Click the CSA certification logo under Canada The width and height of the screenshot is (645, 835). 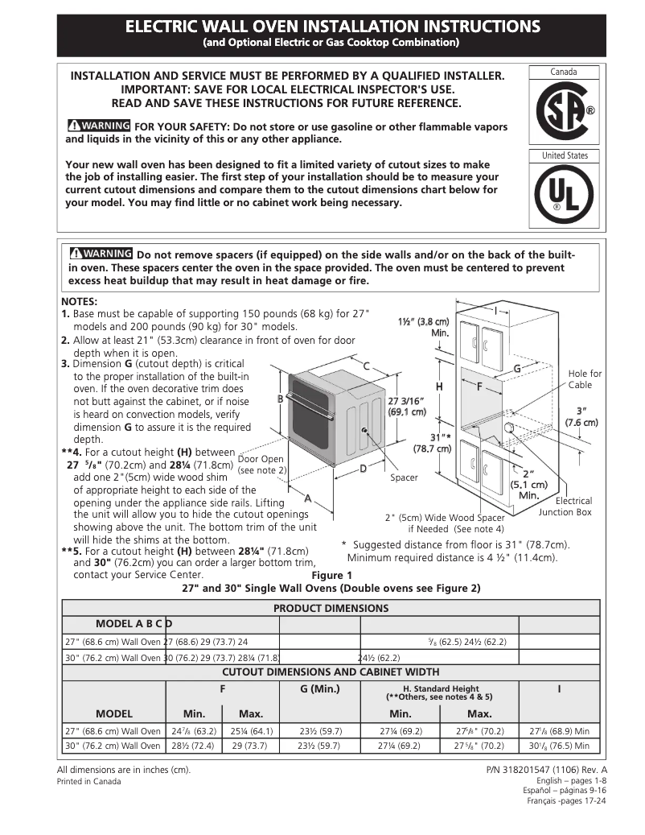(564, 112)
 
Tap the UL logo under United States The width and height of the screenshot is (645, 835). (564, 196)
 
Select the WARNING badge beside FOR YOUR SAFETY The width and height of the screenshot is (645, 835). (99, 126)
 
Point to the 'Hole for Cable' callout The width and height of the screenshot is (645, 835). (585, 379)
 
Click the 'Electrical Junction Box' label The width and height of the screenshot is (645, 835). (565, 506)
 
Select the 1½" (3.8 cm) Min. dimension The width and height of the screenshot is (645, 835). (423, 327)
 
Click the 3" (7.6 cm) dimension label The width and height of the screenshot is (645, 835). (581, 415)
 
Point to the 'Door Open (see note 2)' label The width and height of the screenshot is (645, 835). (261, 465)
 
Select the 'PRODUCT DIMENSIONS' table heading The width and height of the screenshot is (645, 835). (331, 608)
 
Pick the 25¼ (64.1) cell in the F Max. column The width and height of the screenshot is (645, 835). (251, 731)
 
